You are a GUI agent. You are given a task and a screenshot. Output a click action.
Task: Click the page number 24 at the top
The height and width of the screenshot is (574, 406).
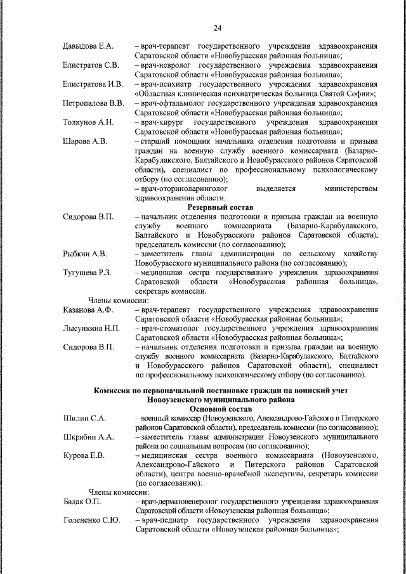click(x=217, y=27)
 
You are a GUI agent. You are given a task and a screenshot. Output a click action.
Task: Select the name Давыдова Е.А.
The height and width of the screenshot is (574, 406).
click(x=88, y=47)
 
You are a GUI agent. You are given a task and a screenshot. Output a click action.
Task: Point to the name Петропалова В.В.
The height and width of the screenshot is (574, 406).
click(x=93, y=103)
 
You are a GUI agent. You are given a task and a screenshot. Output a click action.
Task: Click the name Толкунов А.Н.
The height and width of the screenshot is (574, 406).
click(x=88, y=122)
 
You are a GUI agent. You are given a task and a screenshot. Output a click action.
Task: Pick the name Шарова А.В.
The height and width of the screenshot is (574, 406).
click(x=84, y=141)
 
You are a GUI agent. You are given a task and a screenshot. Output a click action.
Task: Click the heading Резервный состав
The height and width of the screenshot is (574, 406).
click(x=220, y=207)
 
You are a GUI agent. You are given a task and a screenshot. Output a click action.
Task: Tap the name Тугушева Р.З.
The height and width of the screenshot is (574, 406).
click(x=88, y=272)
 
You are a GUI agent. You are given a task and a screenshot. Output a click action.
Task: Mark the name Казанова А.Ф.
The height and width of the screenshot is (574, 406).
click(x=88, y=310)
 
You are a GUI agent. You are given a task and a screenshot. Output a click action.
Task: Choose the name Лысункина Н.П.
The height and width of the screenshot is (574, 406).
click(x=91, y=329)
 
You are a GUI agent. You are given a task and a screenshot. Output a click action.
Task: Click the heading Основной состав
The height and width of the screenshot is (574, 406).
click(x=220, y=410)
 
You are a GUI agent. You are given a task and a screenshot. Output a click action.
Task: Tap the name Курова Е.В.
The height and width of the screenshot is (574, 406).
click(x=84, y=456)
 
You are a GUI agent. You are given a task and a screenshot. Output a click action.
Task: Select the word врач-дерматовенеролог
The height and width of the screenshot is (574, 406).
click(x=181, y=502)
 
